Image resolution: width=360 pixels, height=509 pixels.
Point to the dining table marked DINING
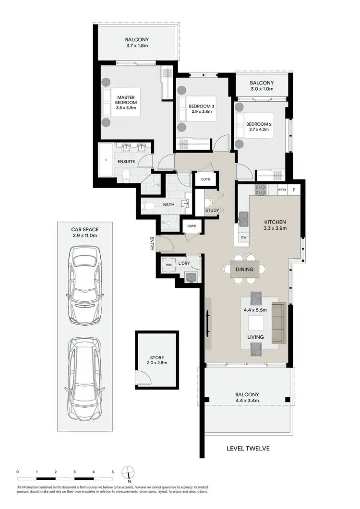(244, 269)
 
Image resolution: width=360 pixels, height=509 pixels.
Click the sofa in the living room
(278, 323)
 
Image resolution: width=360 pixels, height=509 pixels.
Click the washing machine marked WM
(168, 264)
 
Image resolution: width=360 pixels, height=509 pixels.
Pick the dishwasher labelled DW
(244, 237)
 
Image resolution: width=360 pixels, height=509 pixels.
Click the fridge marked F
(294, 190)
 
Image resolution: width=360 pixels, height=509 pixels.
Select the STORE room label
(156, 358)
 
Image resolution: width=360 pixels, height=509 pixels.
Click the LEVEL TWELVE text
(248, 449)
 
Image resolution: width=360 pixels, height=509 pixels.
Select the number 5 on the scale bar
(112, 472)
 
